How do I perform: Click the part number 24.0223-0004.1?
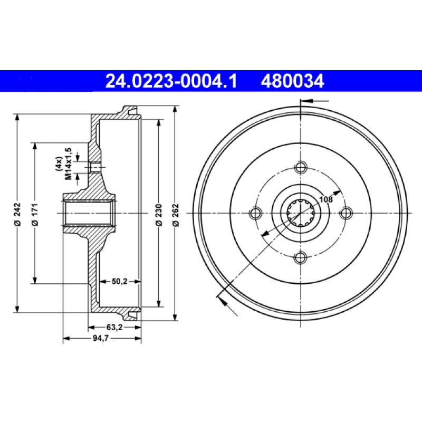click(172, 81)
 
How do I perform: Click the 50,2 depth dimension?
click(120, 281)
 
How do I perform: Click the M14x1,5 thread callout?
click(68, 164)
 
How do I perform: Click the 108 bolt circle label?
click(326, 199)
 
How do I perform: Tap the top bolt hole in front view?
click(301, 168)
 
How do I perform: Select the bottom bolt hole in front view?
click(301, 257)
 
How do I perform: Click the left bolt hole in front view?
click(255, 213)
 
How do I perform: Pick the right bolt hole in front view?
click(346, 213)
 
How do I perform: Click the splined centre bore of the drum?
click(301, 213)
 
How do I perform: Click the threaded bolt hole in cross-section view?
click(95, 168)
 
